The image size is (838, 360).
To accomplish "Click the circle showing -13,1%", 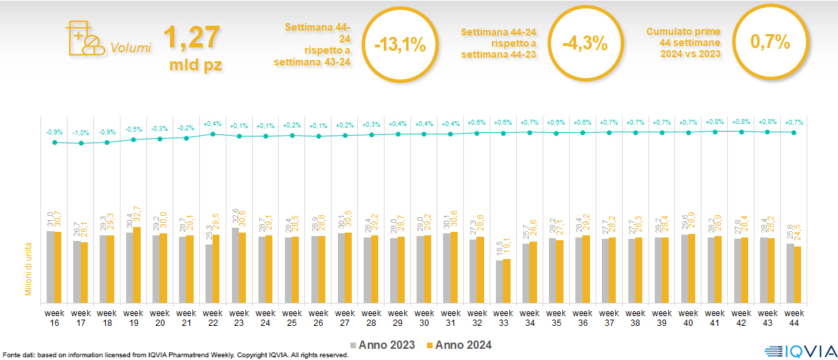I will coord(400,45).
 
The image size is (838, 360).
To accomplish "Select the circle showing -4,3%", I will coord(584,43).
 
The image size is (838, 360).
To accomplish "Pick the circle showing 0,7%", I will coord(770,42).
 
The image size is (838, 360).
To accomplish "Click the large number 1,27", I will coord(191,38).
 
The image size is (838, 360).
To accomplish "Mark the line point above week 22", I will coord(213,134).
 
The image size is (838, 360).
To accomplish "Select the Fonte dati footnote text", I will coord(174,355).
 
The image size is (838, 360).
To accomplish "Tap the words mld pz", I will coord(196,66).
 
